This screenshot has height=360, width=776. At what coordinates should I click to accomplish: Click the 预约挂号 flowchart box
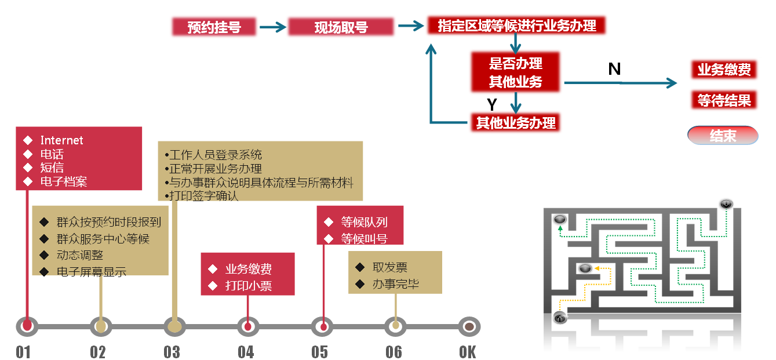coord(214,27)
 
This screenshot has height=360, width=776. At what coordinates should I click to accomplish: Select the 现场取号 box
coord(341,27)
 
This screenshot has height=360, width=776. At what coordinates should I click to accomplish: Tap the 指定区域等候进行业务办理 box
coord(517,26)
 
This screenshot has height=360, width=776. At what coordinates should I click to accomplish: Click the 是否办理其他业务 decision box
coord(516,72)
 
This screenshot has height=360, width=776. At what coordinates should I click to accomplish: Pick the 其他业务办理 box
coord(516,123)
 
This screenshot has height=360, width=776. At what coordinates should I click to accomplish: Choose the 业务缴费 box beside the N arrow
coord(724,70)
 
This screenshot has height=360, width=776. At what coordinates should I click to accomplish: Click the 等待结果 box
coord(724,100)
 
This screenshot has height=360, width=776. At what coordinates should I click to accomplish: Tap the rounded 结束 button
coord(723,136)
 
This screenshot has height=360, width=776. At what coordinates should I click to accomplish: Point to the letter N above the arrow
coord(614,69)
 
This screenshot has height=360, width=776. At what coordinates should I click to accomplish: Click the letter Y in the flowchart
coord(492,105)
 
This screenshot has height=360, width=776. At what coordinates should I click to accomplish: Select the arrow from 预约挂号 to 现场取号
coord(273,27)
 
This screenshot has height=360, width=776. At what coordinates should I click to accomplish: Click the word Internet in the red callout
coord(61,140)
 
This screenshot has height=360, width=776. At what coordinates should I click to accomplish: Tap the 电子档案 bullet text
coord(64,181)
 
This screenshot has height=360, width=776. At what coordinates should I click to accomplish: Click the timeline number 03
coord(172,352)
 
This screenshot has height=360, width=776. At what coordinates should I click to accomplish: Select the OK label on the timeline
coord(468,352)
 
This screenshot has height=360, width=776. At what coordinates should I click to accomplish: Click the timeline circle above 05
coord(323,327)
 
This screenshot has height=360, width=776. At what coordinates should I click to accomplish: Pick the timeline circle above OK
coord(469,327)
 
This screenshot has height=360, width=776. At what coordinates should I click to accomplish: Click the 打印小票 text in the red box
coord(249,285)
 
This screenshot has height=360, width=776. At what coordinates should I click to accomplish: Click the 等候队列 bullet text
coord(364,222)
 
